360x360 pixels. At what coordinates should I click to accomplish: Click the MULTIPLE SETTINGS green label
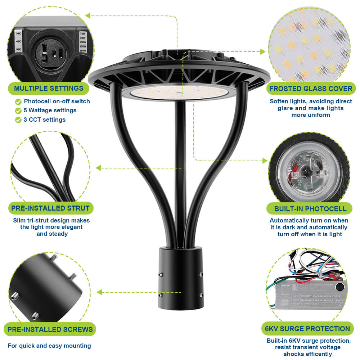click(49, 88)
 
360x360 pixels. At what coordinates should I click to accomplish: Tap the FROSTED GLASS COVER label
click(311, 89)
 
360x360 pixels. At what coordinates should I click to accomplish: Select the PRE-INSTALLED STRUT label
click(50, 208)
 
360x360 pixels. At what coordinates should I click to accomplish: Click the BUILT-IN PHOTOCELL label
click(310, 209)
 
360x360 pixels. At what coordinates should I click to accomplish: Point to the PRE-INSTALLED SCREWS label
click(50, 329)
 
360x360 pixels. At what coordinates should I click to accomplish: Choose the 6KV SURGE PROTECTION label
click(307, 328)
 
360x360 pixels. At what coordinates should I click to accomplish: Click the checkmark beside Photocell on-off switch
click(18, 102)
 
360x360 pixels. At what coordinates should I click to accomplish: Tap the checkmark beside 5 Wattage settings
click(18, 111)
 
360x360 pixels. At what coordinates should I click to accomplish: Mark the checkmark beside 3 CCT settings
click(18, 120)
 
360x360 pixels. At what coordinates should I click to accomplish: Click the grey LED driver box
click(310, 293)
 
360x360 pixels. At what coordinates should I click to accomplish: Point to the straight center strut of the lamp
click(179, 173)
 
